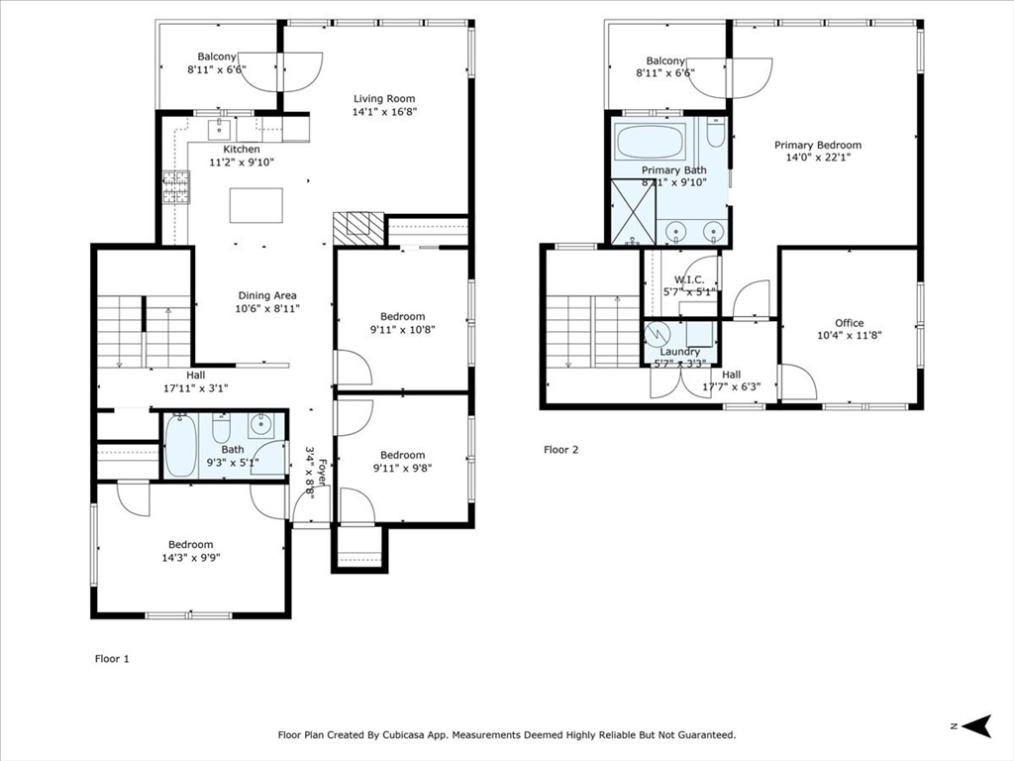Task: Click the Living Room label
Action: click(384, 99)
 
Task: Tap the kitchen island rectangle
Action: click(256, 205)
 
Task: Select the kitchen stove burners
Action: click(176, 187)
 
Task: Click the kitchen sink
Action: click(221, 129)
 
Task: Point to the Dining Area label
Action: click(267, 295)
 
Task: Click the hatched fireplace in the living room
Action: click(357, 229)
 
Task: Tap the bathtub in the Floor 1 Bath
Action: click(180, 446)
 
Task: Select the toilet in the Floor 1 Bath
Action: click(221, 428)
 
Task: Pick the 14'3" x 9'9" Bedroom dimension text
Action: click(191, 558)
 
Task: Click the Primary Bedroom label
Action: click(817, 145)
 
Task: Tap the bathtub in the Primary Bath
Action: click(651, 142)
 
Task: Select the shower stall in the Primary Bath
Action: click(634, 212)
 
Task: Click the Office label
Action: click(849, 323)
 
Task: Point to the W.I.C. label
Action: click(689, 279)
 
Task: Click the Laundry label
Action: click(679, 352)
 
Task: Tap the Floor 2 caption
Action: click(560, 450)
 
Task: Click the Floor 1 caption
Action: click(112, 659)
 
